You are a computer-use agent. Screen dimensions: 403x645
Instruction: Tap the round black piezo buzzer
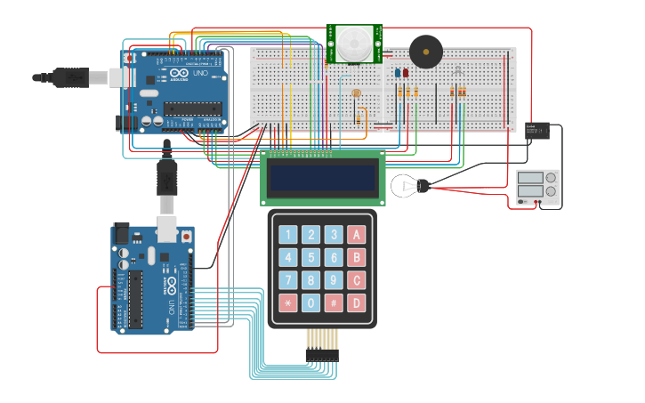pyautogui.click(x=424, y=52)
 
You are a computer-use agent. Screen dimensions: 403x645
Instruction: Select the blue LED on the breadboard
pyautogui.click(x=398, y=73)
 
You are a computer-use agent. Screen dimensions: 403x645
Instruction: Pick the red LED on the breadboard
pyautogui.click(x=406, y=73)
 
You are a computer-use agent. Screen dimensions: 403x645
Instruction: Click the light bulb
pyautogui.click(x=411, y=186)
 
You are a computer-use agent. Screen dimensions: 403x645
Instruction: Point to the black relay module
pyautogui.click(x=536, y=132)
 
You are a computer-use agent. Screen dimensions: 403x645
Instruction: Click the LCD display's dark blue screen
pyautogui.click(x=322, y=179)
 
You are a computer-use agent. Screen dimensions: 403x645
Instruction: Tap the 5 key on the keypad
pyautogui.click(x=310, y=257)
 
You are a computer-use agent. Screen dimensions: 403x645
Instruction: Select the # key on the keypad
pyautogui.click(x=334, y=302)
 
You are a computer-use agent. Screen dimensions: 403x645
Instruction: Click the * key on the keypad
pyautogui.click(x=287, y=302)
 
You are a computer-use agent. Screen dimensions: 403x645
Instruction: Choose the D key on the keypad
pyautogui.click(x=356, y=302)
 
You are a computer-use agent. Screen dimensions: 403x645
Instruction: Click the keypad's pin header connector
pyautogui.click(x=322, y=354)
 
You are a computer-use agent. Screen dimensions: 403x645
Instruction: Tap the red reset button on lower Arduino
pyautogui.click(x=186, y=237)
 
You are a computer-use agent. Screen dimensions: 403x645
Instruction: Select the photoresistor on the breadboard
pyautogui.click(x=356, y=93)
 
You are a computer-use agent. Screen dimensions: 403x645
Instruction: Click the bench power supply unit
pyautogui.click(x=538, y=189)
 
